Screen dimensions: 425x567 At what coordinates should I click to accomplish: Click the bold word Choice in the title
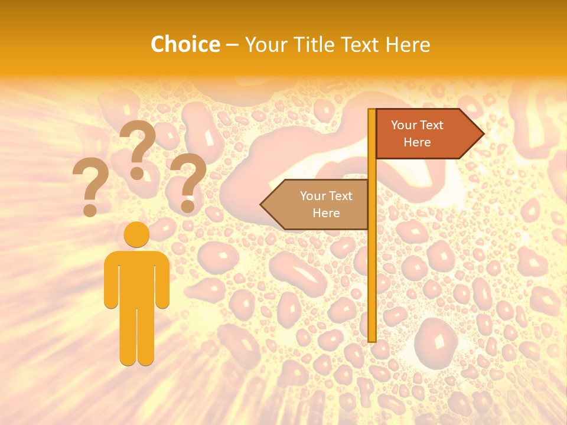click(x=185, y=44)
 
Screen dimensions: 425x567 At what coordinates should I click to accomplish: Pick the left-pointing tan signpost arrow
click(x=316, y=204)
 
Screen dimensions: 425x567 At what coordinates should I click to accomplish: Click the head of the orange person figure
click(x=136, y=234)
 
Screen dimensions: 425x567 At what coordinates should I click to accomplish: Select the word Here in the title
click(x=408, y=44)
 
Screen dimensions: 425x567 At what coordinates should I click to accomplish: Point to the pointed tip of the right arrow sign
click(x=483, y=133)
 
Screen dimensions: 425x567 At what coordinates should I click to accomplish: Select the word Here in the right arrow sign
click(x=417, y=142)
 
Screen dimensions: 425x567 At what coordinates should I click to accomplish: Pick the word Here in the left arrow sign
click(x=326, y=213)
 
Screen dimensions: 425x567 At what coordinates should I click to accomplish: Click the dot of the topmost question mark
click(x=137, y=173)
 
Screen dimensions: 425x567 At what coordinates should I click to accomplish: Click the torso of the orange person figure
click(x=136, y=277)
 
